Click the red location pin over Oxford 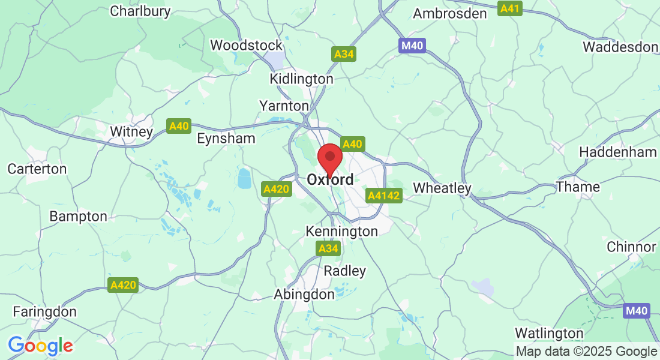pyautogui.click(x=329, y=158)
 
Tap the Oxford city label pyautogui.click(x=329, y=179)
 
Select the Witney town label pyautogui.click(x=131, y=131)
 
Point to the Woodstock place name pyautogui.click(x=246, y=45)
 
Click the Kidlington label pyautogui.click(x=301, y=79)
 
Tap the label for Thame pyautogui.click(x=578, y=187)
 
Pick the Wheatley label pyautogui.click(x=442, y=188)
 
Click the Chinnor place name pyautogui.click(x=631, y=247)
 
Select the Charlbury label pyautogui.click(x=140, y=11)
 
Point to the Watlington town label pyautogui.click(x=549, y=332)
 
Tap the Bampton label pyautogui.click(x=79, y=216)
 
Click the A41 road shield pyautogui.click(x=510, y=8)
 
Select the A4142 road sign pyautogui.click(x=383, y=196)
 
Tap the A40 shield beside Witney pyautogui.click(x=179, y=126)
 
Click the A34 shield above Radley pyautogui.click(x=328, y=248)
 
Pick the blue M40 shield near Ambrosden pyautogui.click(x=412, y=46)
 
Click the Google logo pyautogui.click(x=40, y=346)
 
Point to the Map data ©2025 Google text pyautogui.click(x=587, y=352)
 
